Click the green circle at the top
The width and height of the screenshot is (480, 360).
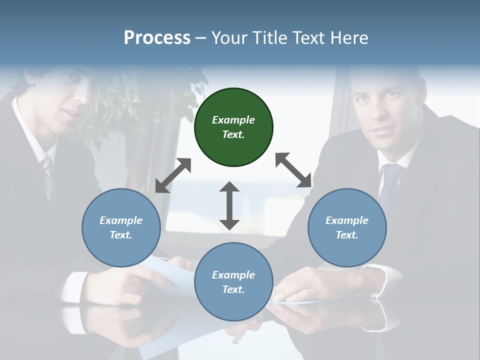[x=233, y=127]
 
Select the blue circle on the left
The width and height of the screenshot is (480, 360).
[x=121, y=227]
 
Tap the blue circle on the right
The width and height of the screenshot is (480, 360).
[x=347, y=227]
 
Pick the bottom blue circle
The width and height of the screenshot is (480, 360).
[x=233, y=282]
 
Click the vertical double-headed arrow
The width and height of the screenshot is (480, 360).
[x=229, y=205]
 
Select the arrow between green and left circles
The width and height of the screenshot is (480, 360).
[x=173, y=175]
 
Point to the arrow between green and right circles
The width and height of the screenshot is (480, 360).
[x=293, y=170]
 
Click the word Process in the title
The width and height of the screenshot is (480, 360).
[x=157, y=37]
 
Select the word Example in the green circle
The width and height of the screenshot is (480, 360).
[x=233, y=120]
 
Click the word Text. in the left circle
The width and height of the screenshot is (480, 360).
[x=121, y=235]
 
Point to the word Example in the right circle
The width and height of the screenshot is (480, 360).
[x=347, y=220]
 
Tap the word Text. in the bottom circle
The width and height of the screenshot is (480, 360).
[x=233, y=289]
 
